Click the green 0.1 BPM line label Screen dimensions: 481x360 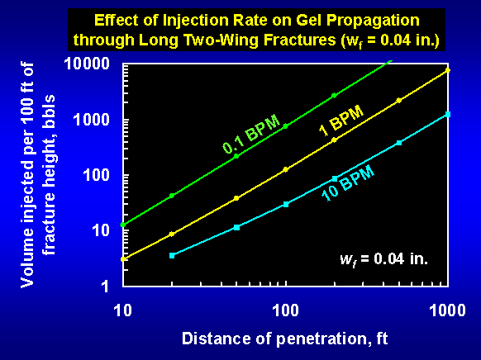(x=251, y=134)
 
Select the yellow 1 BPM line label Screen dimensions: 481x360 (x=341, y=121)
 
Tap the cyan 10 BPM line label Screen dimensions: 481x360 (x=348, y=183)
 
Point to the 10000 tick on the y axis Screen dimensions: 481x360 (x=87, y=64)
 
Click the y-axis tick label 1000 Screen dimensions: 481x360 (x=92, y=119)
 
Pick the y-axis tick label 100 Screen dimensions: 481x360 (x=96, y=175)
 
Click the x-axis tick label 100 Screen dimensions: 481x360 (x=285, y=310)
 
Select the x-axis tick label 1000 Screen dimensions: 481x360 (x=448, y=310)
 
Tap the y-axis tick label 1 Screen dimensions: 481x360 (x=105, y=287)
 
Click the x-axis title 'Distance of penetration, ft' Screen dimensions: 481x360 (x=285, y=339)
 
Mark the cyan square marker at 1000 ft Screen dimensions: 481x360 (x=448, y=114)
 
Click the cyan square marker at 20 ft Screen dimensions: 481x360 (x=172, y=255)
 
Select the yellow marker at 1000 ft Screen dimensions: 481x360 (x=448, y=70)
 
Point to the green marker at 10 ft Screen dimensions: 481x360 (x=123, y=225)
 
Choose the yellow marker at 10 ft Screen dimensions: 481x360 (x=123, y=259)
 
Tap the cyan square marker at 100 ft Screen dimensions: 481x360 (x=286, y=204)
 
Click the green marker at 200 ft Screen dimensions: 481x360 (x=335, y=95)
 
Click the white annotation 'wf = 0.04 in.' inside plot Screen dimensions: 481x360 (x=383, y=260)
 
